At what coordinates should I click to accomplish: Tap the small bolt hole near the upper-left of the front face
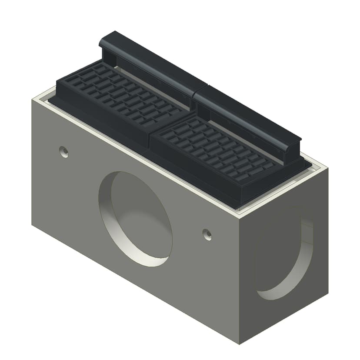click(64, 152)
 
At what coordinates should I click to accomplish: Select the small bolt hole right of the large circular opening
click(207, 234)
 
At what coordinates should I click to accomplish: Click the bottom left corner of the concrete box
click(32, 224)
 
